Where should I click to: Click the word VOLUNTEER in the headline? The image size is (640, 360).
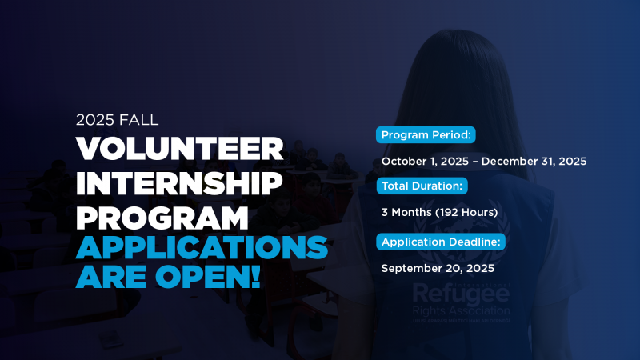pyautogui.click(x=180, y=149)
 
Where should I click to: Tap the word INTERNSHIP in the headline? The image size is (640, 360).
pyautogui.click(x=180, y=182)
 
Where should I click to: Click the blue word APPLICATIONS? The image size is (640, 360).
pyautogui.click(x=202, y=248)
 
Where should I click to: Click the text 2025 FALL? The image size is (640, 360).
pyautogui.click(x=118, y=120)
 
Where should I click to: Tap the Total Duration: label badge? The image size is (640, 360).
pyautogui.click(x=422, y=186)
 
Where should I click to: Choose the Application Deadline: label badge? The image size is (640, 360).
pyautogui.click(x=441, y=242)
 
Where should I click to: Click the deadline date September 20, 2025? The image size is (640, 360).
pyautogui.click(x=438, y=268)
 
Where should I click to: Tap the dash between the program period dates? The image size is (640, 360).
pyautogui.click(x=478, y=161)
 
